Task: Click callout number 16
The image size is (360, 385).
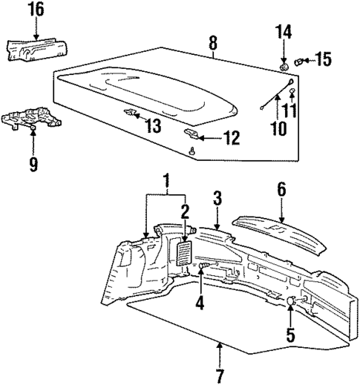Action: (x=36, y=10)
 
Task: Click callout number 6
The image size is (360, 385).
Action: (x=281, y=191)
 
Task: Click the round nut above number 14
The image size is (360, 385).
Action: (x=284, y=66)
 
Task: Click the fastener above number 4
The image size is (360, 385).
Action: (x=201, y=266)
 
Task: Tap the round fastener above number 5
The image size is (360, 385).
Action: (x=292, y=300)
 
